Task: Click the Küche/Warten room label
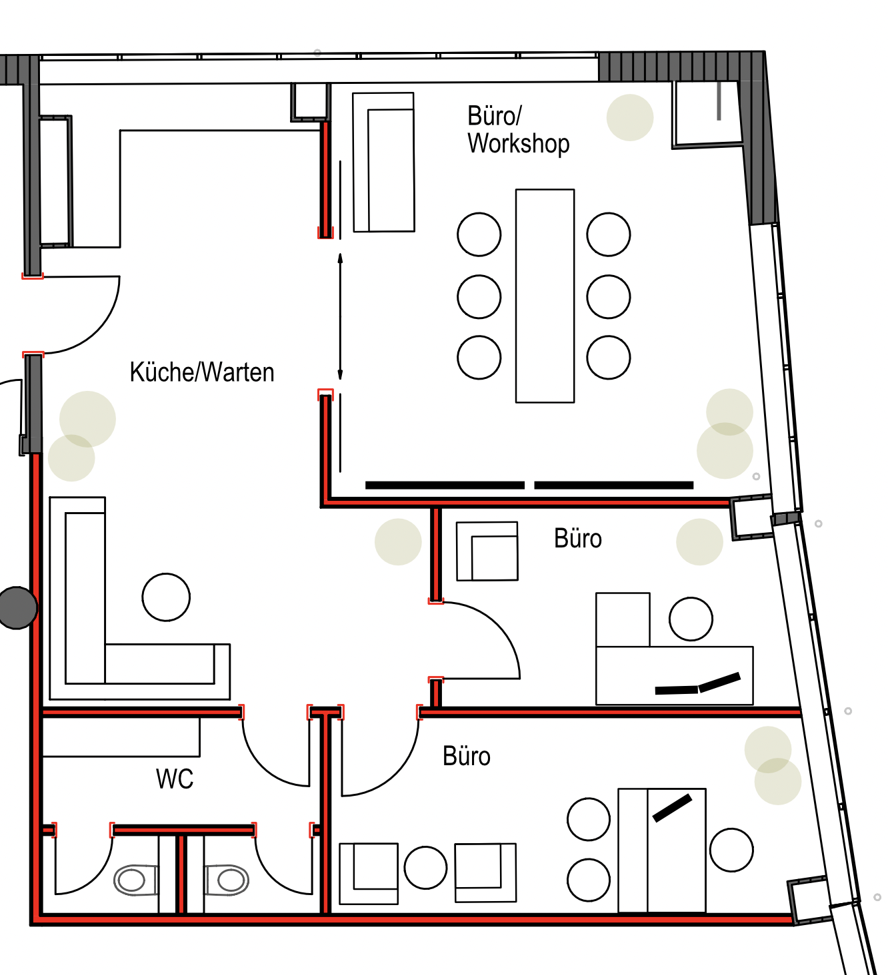(202, 373)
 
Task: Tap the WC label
(175, 779)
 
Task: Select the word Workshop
(519, 144)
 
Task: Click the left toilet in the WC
(136, 880)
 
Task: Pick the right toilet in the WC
(226, 880)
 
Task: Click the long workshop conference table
(545, 296)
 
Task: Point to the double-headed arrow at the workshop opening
(340, 316)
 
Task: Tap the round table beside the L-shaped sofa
(166, 597)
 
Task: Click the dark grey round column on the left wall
(17, 607)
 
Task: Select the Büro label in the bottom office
(467, 757)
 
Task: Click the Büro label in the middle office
(578, 539)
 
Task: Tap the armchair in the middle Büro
(487, 551)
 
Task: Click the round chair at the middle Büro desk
(691, 619)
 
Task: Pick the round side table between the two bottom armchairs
(426, 868)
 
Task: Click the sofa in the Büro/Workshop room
(383, 162)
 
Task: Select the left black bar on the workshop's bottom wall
(445, 485)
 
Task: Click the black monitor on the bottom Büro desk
(672, 809)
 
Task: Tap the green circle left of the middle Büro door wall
(398, 541)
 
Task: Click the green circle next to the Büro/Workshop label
(629, 118)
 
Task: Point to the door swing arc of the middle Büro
(501, 627)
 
